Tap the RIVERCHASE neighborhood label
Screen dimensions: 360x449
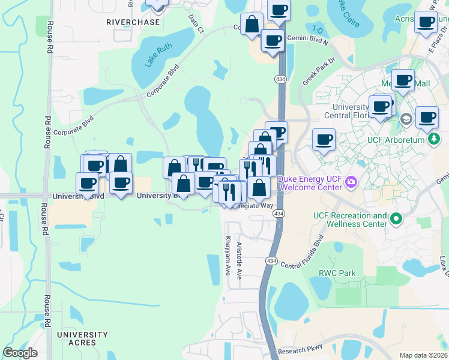[133, 22]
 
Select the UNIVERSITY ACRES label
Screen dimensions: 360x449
[82, 338]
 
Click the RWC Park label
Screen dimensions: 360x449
[338, 273]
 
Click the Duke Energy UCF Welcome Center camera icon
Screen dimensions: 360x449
[352, 181]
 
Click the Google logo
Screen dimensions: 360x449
[20, 353]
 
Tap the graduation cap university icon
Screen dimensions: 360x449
[407, 119]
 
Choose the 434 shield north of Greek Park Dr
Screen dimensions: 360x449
[280, 79]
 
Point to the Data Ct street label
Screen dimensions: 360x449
[194, 24]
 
